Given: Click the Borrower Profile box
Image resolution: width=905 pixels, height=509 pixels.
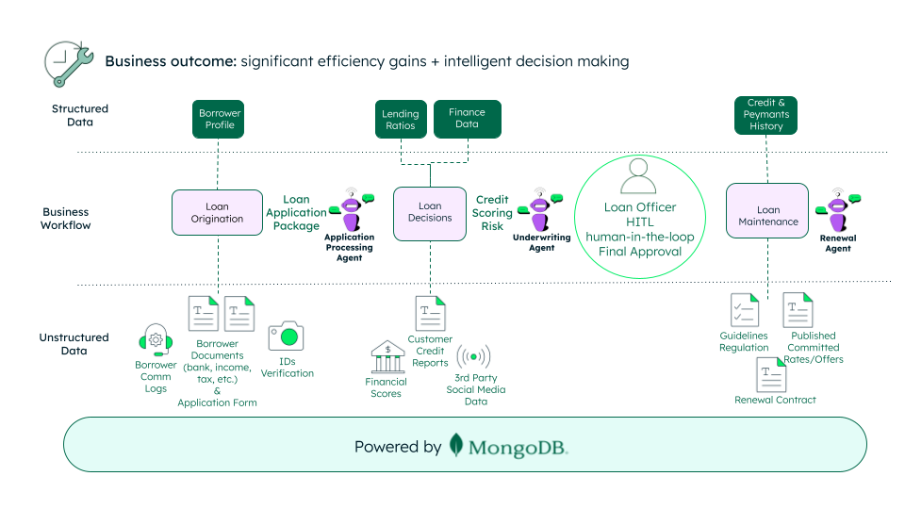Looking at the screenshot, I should (220, 120).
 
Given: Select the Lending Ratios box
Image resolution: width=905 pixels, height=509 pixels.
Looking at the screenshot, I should (400, 120).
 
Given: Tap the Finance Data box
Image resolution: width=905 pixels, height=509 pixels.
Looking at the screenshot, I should (467, 119).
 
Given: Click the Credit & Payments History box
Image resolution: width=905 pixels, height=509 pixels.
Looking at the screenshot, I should (765, 114).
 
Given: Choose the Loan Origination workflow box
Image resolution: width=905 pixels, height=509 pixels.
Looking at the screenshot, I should (217, 212).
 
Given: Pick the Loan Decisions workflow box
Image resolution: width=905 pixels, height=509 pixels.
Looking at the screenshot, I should (430, 211).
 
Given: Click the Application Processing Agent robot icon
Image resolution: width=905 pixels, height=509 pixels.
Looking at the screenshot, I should (351, 210).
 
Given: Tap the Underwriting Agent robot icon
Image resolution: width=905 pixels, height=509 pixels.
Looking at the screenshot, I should (541, 208).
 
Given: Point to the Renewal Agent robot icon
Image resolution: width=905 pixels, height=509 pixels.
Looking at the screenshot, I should (837, 210).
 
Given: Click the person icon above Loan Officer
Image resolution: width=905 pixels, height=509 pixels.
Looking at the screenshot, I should (639, 176).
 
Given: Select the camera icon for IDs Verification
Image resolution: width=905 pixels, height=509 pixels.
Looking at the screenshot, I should (286, 336).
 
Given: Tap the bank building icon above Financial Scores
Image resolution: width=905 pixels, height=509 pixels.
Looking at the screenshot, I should (387, 358).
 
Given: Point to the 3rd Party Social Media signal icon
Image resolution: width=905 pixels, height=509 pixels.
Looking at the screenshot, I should (473, 357).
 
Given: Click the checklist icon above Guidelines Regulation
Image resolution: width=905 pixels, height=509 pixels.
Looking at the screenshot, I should (744, 310).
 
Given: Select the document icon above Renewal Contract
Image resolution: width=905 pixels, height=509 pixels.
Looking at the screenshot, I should (771, 375).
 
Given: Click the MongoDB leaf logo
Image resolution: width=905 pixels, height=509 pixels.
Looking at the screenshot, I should (456, 445).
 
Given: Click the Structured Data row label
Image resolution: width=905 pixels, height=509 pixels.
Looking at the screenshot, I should (80, 115).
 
